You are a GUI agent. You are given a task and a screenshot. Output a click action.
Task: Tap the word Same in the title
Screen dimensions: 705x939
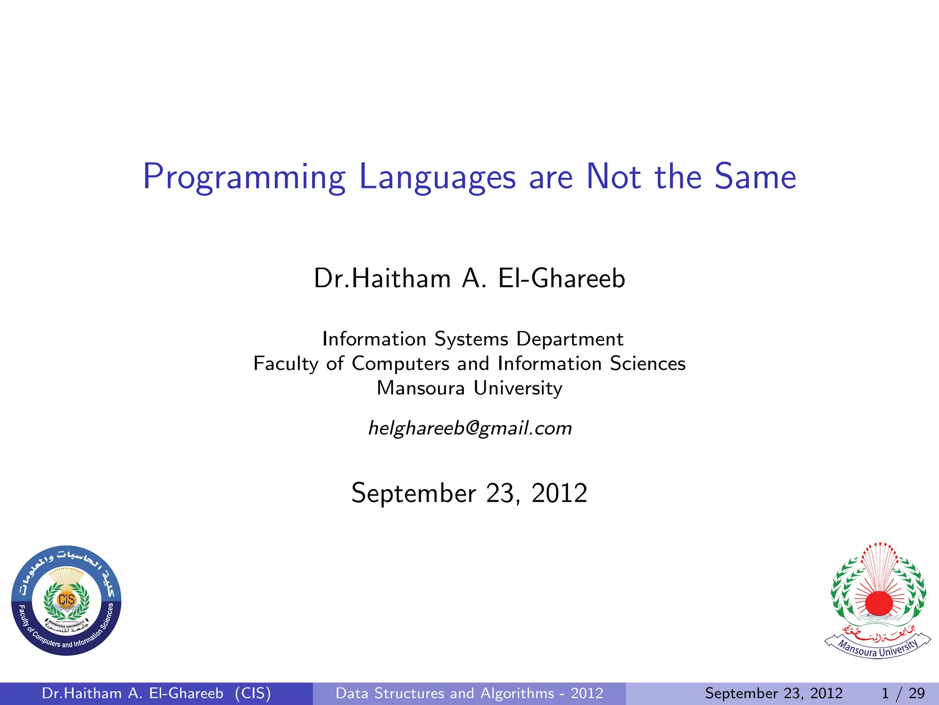[x=755, y=177]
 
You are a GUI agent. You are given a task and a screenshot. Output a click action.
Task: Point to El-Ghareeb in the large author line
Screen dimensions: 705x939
[x=561, y=279]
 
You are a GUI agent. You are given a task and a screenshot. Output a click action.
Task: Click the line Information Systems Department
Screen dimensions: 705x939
[x=473, y=339]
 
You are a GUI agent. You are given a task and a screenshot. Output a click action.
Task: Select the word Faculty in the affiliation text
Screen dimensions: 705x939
[x=286, y=364]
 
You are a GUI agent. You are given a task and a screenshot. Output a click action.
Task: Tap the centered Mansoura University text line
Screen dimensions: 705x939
[x=469, y=388]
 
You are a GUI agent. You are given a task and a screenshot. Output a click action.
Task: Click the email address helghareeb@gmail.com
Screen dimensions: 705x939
[x=470, y=428]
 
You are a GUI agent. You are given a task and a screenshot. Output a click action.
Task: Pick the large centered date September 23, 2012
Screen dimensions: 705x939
[x=469, y=493]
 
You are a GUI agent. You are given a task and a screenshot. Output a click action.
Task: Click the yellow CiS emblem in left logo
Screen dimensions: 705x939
[x=66, y=599]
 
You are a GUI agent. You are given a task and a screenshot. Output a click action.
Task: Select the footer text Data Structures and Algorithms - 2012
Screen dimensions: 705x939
[x=469, y=693]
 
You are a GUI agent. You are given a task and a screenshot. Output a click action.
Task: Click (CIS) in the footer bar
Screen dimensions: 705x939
[x=253, y=693]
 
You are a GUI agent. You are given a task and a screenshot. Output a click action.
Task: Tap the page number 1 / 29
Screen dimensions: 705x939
[x=902, y=693]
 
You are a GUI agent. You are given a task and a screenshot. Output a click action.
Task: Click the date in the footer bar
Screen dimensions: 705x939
[x=773, y=693]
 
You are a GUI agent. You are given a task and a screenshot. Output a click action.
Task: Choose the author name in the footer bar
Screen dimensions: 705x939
[x=133, y=693]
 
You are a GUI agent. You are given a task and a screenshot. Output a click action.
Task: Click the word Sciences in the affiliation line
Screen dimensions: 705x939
[x=647, y=364]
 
